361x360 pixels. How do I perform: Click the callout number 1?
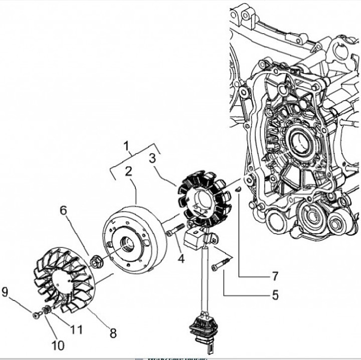point(127,146)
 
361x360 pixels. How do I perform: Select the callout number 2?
point(128,171)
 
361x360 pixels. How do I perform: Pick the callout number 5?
point(275,295)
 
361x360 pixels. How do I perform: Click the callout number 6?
point(63,210)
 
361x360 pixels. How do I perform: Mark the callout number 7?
point(275,276)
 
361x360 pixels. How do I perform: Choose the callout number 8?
point(113,332)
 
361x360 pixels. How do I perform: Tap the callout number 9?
point(6,292)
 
